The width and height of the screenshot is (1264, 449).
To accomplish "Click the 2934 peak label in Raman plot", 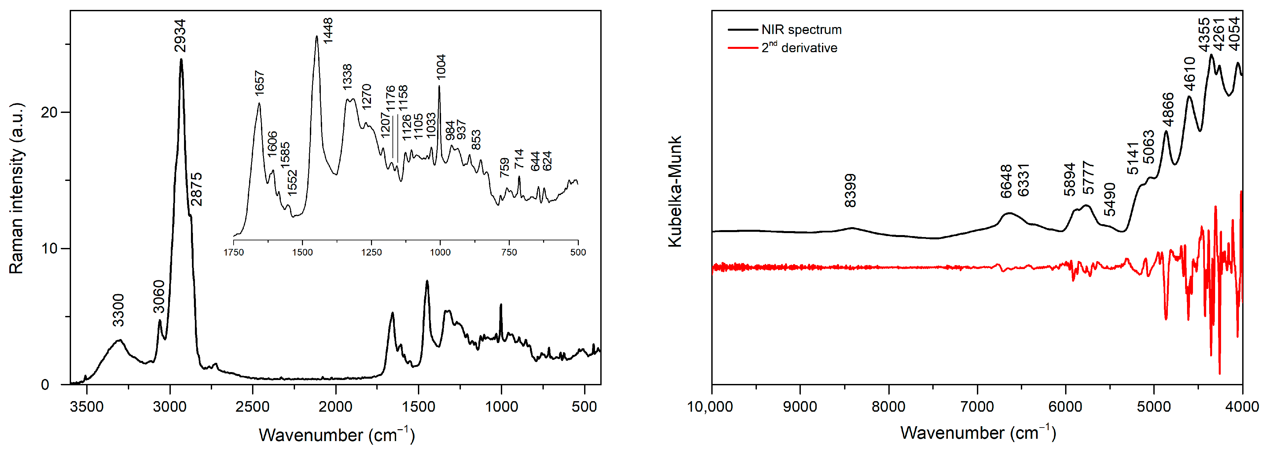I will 180,35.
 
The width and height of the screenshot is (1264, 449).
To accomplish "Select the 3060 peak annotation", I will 159,296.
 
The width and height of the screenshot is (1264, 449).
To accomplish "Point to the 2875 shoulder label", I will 196,189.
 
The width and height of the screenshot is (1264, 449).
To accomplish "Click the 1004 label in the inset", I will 441,67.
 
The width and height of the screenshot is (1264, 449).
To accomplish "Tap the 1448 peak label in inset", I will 328,30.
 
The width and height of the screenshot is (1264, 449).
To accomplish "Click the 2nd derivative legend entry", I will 799,48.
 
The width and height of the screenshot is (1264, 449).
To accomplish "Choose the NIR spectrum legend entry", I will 801,29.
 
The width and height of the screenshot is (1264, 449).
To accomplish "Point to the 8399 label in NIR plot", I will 850,190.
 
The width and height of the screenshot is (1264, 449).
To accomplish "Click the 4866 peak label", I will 1168,109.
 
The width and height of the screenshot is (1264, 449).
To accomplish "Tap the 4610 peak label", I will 1189,74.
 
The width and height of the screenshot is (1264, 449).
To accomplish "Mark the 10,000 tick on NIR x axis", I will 710,406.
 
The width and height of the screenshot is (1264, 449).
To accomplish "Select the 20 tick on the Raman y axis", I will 49,112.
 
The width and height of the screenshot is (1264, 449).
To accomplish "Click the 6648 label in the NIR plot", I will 1006,181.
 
